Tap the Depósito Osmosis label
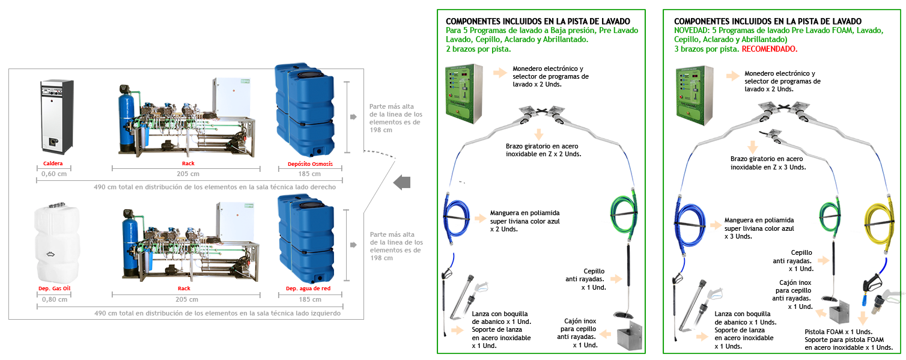click(x=310, y=163)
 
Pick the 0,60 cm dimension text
click(x=53, y=174)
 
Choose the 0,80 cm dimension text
click(x=55, y=299)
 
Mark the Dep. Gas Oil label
click(x=54, y=288)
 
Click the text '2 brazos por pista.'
click(x=478, y=49)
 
